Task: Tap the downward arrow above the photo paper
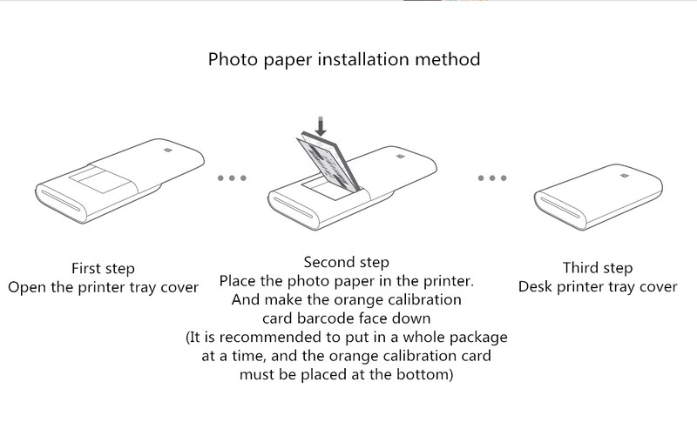[x=321, y=127]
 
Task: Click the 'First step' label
[x=103, y=268]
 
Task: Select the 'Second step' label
[x=347, y=262]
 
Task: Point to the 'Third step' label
[x=597, y=268]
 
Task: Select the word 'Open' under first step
[x=27, y=287]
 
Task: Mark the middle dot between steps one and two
[x=233, y=178]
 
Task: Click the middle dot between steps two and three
[x=492, y=178]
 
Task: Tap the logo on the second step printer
[x=401, y=157]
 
